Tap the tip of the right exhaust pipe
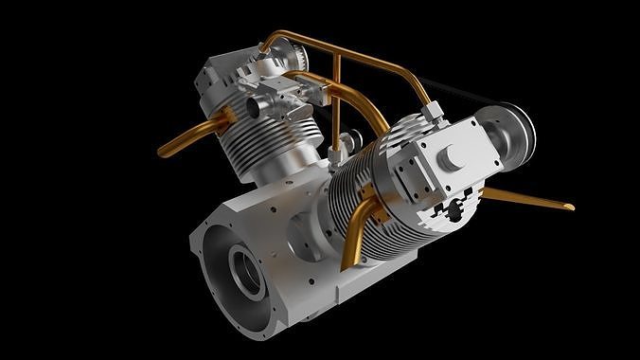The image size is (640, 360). (x=570, y=206)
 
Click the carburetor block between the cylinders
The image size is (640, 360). (x=284, y=96)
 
